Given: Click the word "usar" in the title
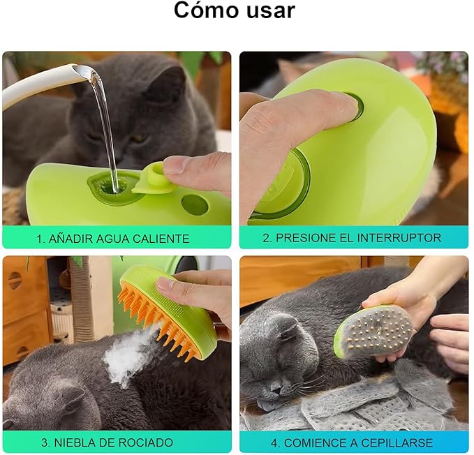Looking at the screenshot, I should point(269,12).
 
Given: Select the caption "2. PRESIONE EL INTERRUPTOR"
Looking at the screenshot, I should point(352,237).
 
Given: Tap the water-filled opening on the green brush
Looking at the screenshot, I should point(110,186).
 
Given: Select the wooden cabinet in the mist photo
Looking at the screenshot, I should point(24,307).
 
